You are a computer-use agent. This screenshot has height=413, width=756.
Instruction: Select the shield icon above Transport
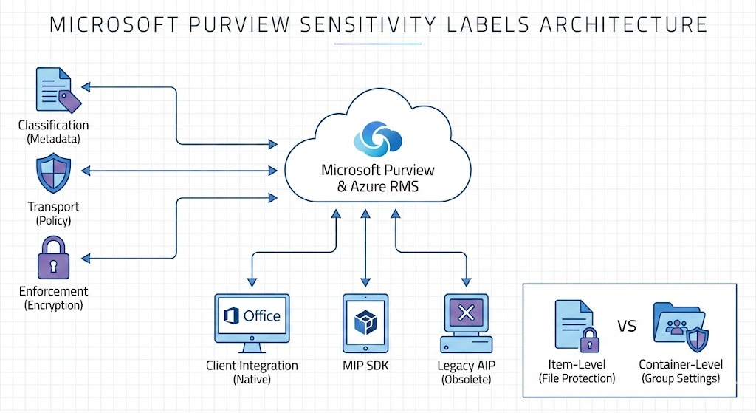tap(53, 174)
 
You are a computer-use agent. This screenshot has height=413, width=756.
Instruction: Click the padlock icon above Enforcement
tap(53, 258)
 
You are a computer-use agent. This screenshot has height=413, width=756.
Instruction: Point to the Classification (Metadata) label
tap(53, 132)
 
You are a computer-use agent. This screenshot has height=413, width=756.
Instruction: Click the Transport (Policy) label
tap(53, 214)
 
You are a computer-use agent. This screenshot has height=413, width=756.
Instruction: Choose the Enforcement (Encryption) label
tap(53, 298)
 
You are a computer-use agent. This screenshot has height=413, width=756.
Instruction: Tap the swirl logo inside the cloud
tap(377, 136)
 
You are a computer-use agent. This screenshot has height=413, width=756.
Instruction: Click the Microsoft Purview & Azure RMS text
tap(378, 178)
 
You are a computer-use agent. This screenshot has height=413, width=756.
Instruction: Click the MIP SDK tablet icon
tap(365, 323)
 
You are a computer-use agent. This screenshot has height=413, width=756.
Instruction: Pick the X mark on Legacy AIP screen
tap(466, 313)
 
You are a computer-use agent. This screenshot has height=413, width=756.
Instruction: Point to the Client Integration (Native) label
tap(252, 372)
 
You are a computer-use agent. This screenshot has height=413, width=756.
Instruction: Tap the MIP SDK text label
tap(365, 366)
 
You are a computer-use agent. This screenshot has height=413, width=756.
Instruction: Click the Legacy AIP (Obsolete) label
tap(466, 372)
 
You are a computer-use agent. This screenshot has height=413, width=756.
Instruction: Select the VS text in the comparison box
tap(627, 327)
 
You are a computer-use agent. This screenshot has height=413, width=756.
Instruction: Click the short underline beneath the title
tap(377, 44)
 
